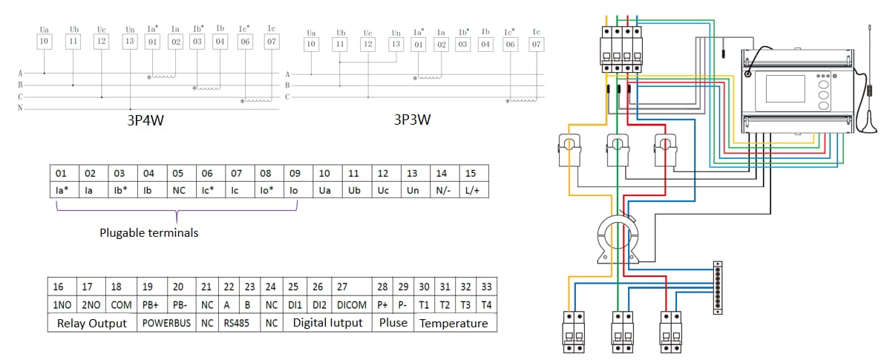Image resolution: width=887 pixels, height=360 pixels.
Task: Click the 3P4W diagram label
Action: click(x=145, y=120)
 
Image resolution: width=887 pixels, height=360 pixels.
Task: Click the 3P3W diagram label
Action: click(x=412, y=120)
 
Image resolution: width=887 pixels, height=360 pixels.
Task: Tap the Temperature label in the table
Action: click(x=454, y=323)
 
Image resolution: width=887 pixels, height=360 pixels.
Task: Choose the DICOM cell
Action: click(x=352, y=304)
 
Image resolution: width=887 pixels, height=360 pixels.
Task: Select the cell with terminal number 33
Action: click(x=486, y=287)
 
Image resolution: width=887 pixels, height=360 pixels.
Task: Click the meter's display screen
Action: click(x=785, y=88)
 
